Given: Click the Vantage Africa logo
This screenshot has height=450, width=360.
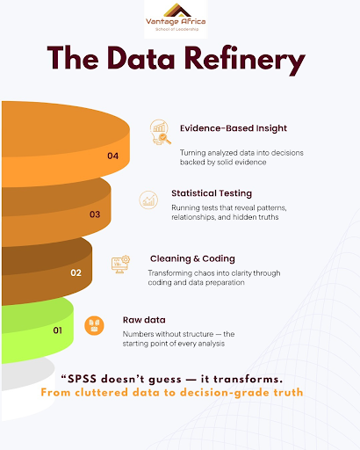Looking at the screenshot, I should coord(179,18).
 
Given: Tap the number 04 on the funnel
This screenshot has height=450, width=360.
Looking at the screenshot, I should coord(112,156).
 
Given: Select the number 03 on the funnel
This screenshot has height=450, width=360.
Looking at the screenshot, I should coord(94,214).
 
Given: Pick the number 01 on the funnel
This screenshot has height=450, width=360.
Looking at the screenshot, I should coord(58,330).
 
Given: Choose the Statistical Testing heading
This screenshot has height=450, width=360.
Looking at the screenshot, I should coord(211,192).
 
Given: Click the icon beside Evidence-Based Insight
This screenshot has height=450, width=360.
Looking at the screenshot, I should coord(160,132).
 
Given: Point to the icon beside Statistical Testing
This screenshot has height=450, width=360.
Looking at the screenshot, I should coord(149,200).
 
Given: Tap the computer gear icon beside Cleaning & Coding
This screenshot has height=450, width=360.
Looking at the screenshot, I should coord(120,264).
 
